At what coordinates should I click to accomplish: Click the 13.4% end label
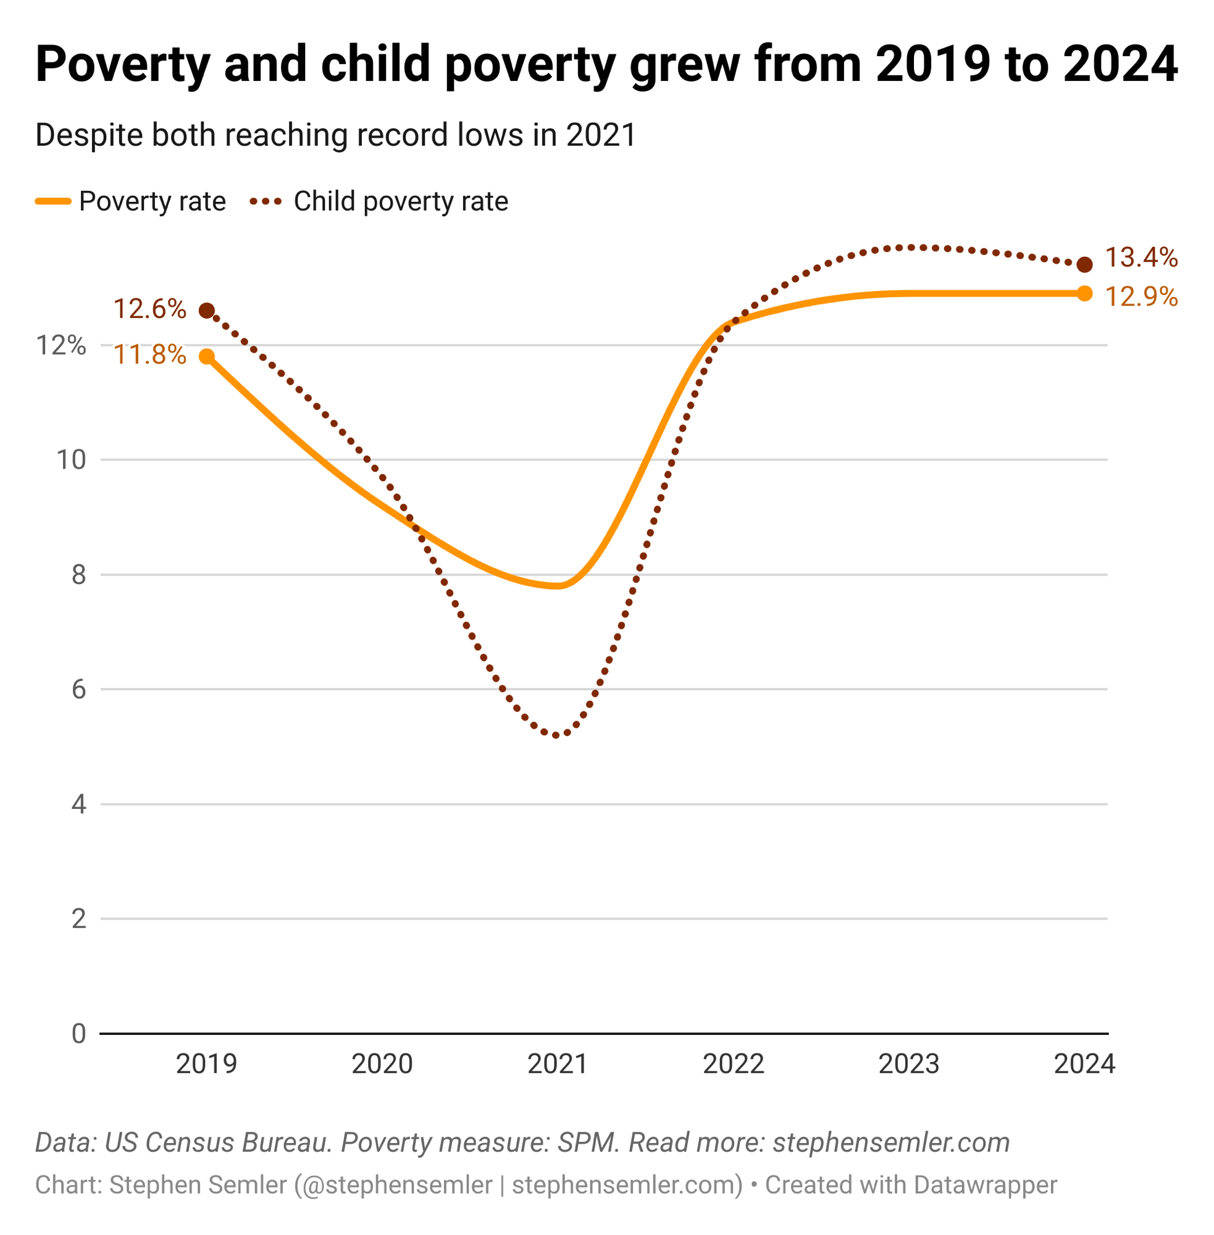pyautogui.click(x=1141, y=257)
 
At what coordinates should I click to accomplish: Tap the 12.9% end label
pyautogui.click(x=1141, y=296)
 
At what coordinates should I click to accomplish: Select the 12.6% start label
pyautogui.click(x=150, y=309)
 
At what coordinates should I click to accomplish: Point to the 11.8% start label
pyautogui.click(x=150, y=354)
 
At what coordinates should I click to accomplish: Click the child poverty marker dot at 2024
pyautogui.click(x=1084, y=264)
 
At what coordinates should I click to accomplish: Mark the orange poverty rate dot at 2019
pyautogui.click(x=207, y=356)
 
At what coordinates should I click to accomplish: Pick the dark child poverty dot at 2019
pyautogui.click(x=207, y=311)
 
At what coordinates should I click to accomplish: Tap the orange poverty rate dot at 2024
pyautogui.click(x=1084, y=293)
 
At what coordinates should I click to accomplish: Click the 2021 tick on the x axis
pyautogui.click(x=557, y=1063)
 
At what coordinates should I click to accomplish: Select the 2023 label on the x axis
pyautogui.click(x=908, y=1063)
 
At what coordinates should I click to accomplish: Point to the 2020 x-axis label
pyautogui.click(x=382, y=1063)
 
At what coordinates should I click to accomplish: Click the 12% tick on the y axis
pyautogui.click(x=61, y=346)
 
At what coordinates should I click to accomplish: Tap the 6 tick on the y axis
pyautogui.click(x=78, y=689)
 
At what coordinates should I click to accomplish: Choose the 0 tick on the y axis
pyautogui.click(x=78, y=1034)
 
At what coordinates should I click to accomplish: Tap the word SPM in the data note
pyautogui.click(x=587, y=1142)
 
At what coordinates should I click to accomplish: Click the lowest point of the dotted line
pyautogui.click(x=556, y=736)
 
